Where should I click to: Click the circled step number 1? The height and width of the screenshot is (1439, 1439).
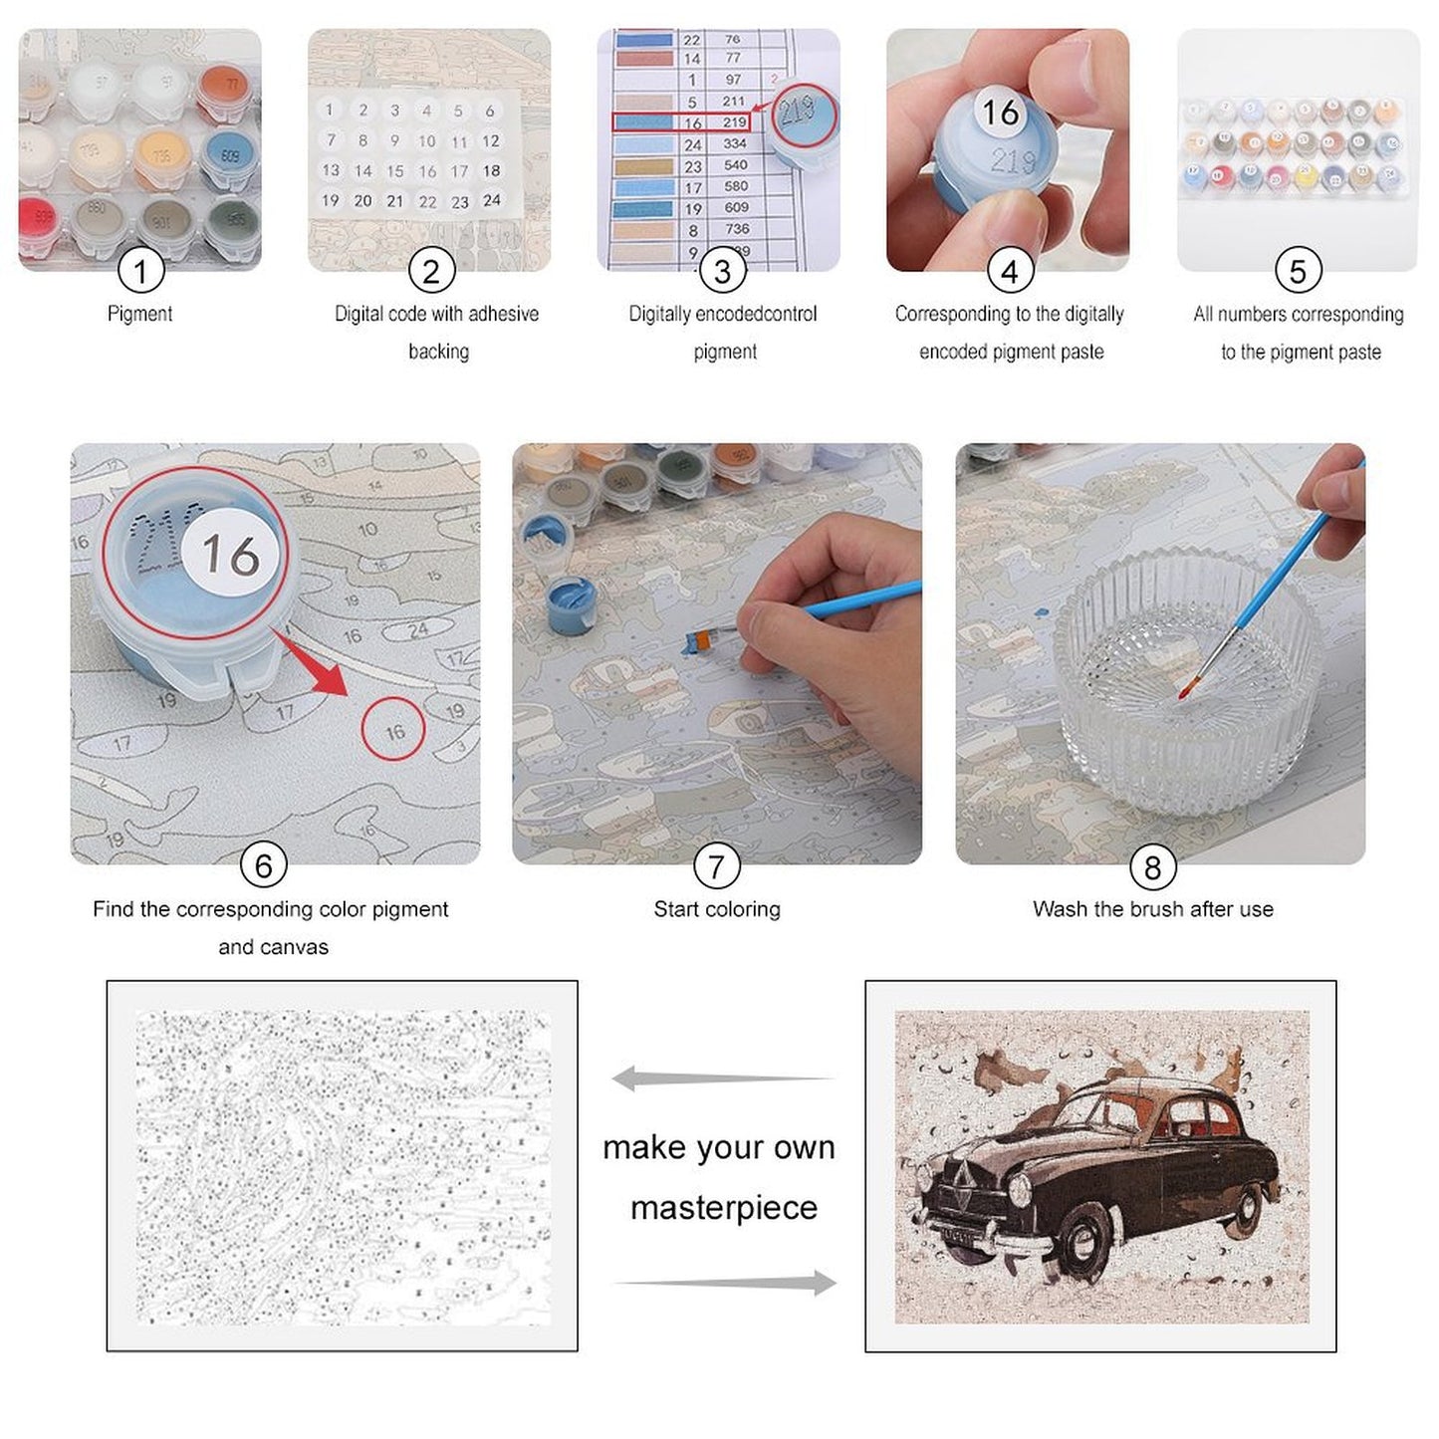pyautogui.click(x=139, y=270)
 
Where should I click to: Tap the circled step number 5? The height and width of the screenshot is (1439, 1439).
pyautogui.click(x=1298, y=270)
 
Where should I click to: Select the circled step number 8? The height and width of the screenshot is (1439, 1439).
pyautogui.click(x=1152, y=866)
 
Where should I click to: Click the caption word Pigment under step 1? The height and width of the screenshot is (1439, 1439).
pyautogui.click(x=139, y=314)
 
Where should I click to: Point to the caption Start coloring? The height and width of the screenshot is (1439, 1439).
pyautogui.click(x=717, y=909)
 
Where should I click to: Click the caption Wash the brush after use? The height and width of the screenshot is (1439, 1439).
pyautogui.click(x=1152, y=909)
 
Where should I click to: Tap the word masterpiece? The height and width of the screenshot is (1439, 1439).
pyautogui.click(x=724, y=1208)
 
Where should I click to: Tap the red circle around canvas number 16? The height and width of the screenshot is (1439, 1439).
pyautogui.click(x=393, y=731)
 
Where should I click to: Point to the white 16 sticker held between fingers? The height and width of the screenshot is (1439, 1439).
pyautogui.click(x=1001, y=112)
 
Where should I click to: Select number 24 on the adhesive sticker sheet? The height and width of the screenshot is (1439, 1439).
pyautogui.click(x=491, y=200)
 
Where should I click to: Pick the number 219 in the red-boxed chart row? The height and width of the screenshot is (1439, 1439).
pyautogui.click(x=735, y=122)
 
